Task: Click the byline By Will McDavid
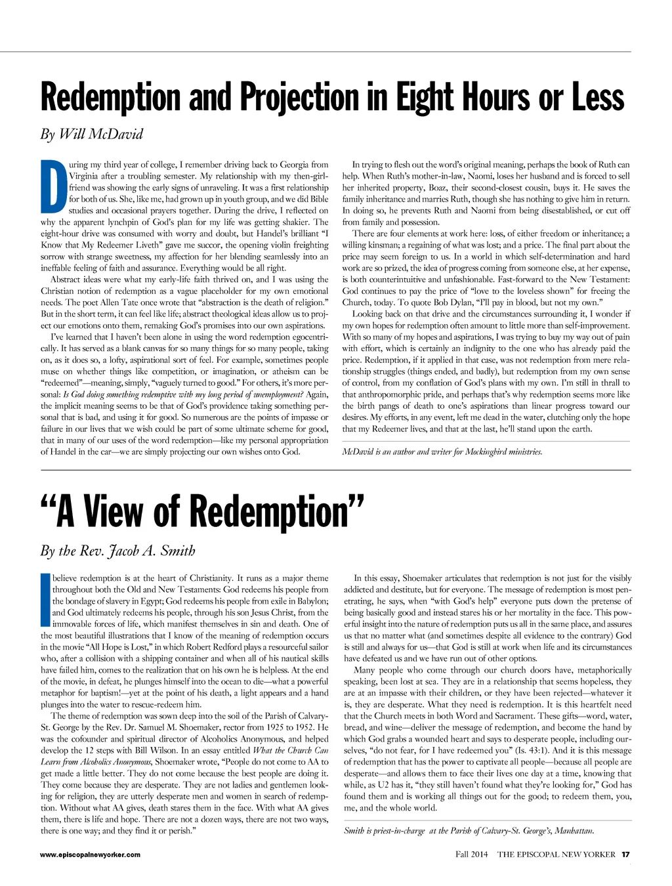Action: pyautogui.click(x=91, y=135)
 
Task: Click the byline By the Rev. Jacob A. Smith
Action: pyautogui.click(x=118, y=550)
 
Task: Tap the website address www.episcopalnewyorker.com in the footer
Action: pyautogui.click(x=90, y=854)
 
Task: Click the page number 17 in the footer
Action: pyautogui.click(x=625, y=854)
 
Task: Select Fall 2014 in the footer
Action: pyautogui.click(x=472, y=854)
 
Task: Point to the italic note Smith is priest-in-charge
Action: pyautogui.click(x=469, y=831)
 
